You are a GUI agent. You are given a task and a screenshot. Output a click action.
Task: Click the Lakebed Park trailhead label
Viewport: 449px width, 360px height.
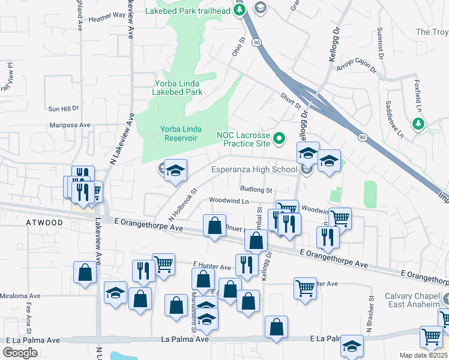pos(188,11)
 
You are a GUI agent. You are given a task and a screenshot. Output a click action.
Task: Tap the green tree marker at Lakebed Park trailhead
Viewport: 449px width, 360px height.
pos(240,10)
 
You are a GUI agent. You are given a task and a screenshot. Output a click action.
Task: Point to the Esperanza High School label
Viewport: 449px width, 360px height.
pos(254,169)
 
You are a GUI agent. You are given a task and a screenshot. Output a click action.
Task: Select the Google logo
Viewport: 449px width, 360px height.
pos(20,353)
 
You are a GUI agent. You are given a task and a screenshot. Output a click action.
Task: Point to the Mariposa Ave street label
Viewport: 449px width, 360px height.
pos(70,125)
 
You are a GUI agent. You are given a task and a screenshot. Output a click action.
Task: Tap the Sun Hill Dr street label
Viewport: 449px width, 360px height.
pos(63,109)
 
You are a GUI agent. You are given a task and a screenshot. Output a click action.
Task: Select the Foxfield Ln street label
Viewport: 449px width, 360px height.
pos(418,95)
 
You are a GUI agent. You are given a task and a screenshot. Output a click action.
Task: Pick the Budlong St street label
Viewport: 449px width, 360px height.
pos(256,190)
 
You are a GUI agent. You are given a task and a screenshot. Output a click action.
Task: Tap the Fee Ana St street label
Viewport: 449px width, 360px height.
pos(28,313)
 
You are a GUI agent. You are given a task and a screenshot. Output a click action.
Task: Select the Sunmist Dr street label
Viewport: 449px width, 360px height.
pos(379,44)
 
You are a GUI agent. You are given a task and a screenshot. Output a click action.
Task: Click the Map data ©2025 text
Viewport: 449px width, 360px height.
pos(424,355)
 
